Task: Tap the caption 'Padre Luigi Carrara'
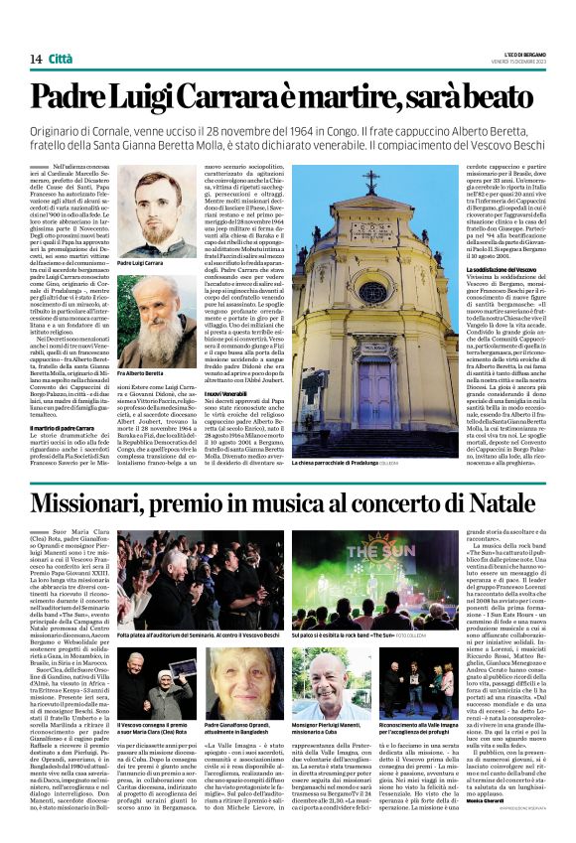coord(139,264)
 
